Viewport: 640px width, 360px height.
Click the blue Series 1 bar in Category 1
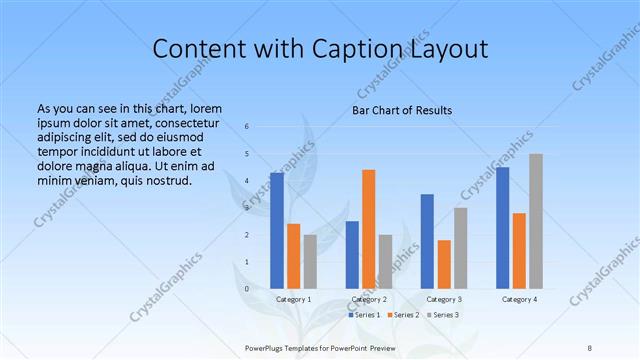(277, 230)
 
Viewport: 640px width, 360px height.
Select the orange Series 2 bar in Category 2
(368, 229)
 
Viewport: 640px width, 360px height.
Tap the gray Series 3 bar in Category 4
(536, 221)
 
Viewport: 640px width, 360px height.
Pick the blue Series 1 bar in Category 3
(427, 241)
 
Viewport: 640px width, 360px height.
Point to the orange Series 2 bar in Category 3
(444, 264)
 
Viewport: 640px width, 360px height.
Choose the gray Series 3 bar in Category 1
(310, 261)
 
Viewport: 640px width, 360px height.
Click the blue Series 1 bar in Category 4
(502, 228)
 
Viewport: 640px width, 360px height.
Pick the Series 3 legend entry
(444, 315)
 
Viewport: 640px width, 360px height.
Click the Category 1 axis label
(293, 299)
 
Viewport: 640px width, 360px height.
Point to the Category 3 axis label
(444, 299)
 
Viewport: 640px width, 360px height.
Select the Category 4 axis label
(519, 299)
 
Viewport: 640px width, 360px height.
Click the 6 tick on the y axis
(246, 126)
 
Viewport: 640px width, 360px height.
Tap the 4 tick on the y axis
(246, 180)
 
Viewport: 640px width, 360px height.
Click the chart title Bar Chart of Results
(402, 110)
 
